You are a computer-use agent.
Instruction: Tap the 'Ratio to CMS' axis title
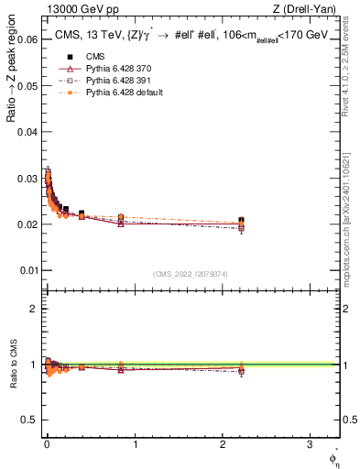(x=12, y=365)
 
